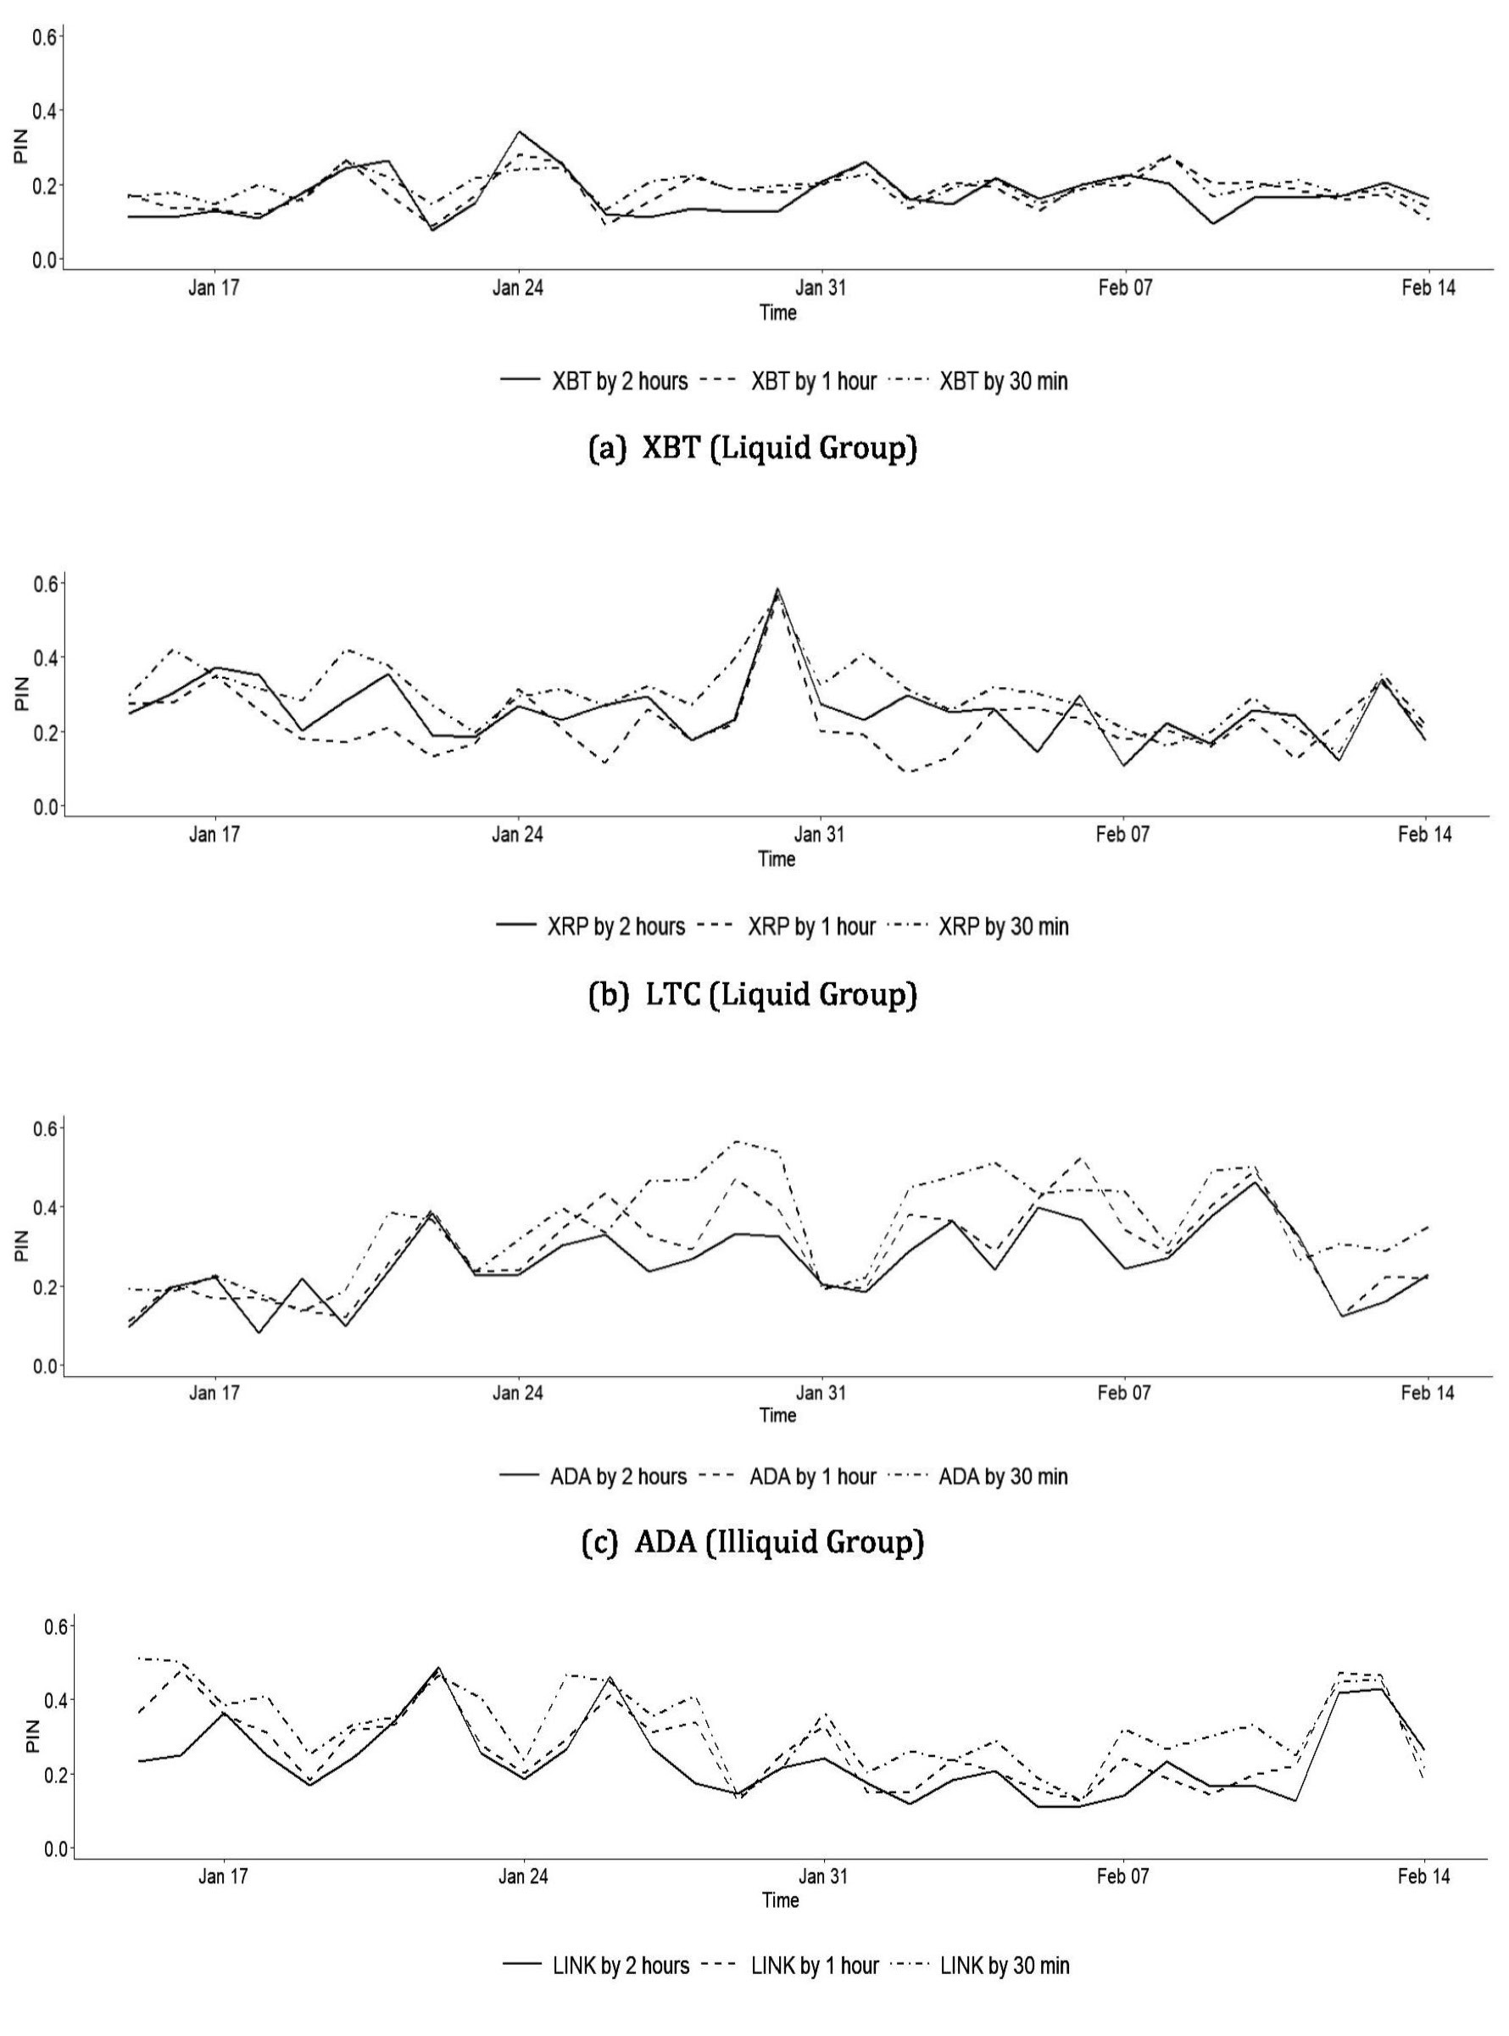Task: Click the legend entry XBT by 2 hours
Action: [x=594, y=381]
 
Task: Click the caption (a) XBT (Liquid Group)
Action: [x=754, y=448]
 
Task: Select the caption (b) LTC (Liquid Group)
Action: [x=754, y=994]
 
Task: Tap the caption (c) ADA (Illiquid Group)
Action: [x=754, y=1542]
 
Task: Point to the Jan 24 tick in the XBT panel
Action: [x=518, y=288]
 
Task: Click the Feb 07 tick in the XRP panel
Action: [x=1124, y=834]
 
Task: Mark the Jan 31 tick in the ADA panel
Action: [x=821, y=1393]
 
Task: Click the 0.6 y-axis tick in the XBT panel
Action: [x=45, y=36]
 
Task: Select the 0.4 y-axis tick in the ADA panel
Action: [x=45, y=1207]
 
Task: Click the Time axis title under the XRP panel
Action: [x=777, y=859]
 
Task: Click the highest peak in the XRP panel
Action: [x=777, y=590]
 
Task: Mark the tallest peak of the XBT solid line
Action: [x=519, y=131]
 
